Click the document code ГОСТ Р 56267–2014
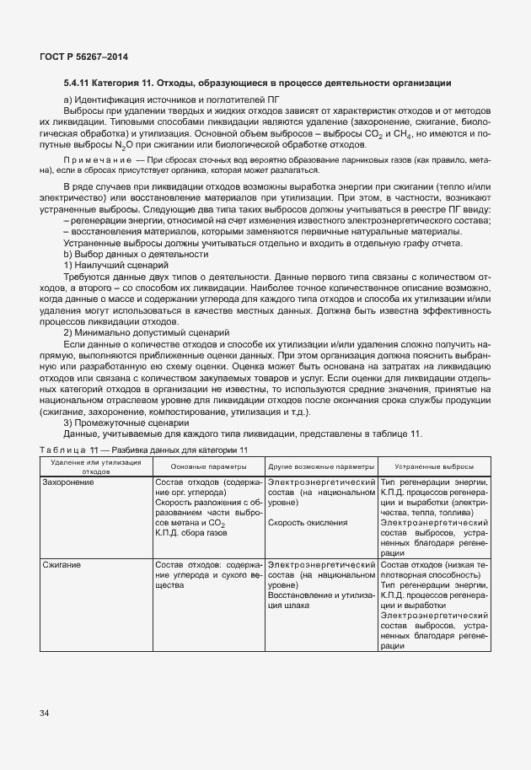(x=78, y=57)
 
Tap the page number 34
(x=44, y=713)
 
